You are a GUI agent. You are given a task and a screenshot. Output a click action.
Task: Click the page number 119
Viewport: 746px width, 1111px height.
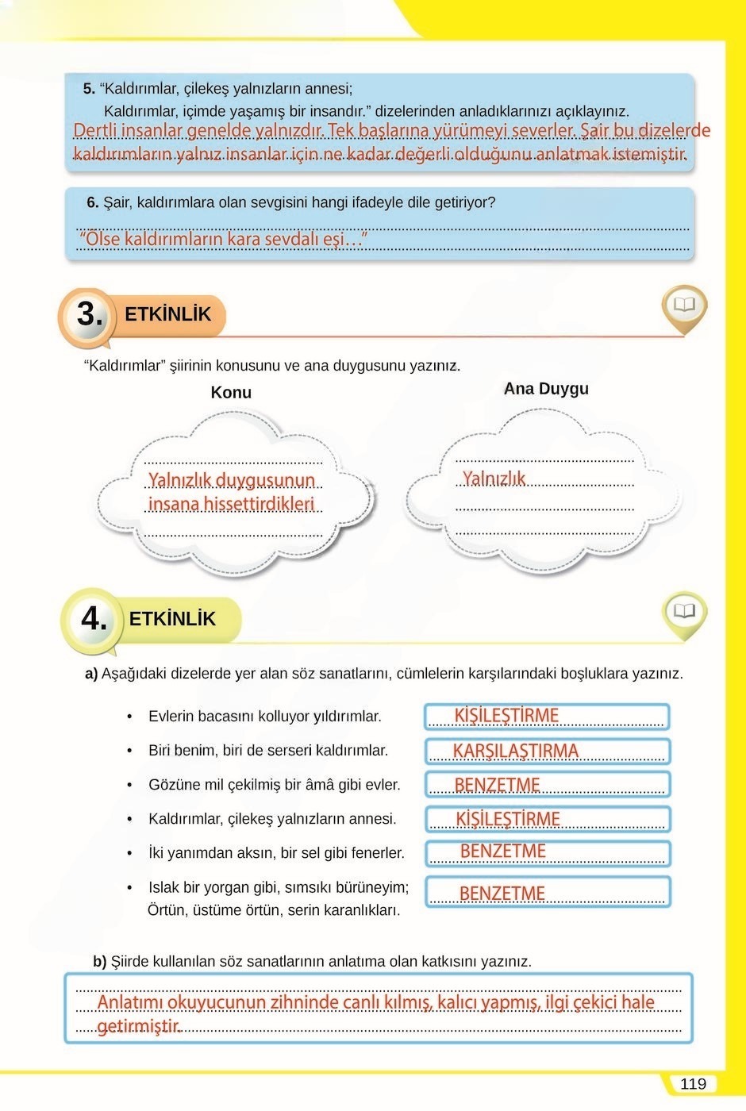pyautogui.click(x=693, y=1084)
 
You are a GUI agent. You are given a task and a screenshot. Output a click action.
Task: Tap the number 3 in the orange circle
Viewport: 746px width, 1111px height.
pyautogui.click(x=90, y=314)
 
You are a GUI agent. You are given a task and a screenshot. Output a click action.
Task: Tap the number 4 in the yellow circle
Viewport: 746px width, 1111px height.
pyautogui.click(x=94, y=619)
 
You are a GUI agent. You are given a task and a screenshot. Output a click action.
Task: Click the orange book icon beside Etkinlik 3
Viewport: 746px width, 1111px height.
pyautogui.click(x=683, y=306)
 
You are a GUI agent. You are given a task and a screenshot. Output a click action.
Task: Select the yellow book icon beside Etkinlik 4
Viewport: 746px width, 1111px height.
pyautogui.click(x=683, y=611)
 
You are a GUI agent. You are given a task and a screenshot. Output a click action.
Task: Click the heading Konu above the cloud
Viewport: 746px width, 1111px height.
pyautogui.click(x=231, y=392)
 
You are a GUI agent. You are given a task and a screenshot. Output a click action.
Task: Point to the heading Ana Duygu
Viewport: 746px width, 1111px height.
pyautogui.click(x=546, y=389)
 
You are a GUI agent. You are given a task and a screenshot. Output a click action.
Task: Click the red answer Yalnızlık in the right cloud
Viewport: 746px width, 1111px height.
pyautogui.click(x=494, y=479)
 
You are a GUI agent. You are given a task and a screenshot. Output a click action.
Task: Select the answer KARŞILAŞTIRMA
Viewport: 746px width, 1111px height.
pyautogui.click(x=516, y=751)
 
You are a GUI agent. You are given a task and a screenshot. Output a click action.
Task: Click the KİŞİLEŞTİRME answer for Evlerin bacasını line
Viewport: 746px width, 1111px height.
pyautogui.click(x=506, y=716)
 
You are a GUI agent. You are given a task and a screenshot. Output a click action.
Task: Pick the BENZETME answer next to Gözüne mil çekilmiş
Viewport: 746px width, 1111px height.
pyautogui.click(x=497, y=785)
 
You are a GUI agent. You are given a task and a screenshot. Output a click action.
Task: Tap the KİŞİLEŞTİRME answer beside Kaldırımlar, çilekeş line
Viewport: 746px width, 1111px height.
pyautogui.click(x=508, y=819)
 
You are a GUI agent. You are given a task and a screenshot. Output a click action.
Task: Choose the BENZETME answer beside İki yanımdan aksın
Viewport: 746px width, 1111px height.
pyautogui.click(x=502, y=852)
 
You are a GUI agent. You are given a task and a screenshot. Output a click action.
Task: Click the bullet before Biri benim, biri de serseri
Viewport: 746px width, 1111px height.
pyautogui.click(x=129, y=751)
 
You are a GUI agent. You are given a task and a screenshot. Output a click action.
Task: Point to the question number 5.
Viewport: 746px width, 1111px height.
pyautogui.click(x=89, y=89)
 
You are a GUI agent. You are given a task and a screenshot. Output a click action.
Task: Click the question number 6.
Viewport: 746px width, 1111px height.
pyautogui.click(x=92, y=202)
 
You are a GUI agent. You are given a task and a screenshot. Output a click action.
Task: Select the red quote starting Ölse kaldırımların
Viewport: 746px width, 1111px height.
pyautogui.click(x=223, y=239)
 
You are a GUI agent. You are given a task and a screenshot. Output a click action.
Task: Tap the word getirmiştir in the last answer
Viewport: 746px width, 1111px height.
pyautogui.click(x=139, y=1027)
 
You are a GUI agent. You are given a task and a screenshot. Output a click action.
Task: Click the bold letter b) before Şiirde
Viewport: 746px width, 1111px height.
pyautogui.click(x=99, y=962)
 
